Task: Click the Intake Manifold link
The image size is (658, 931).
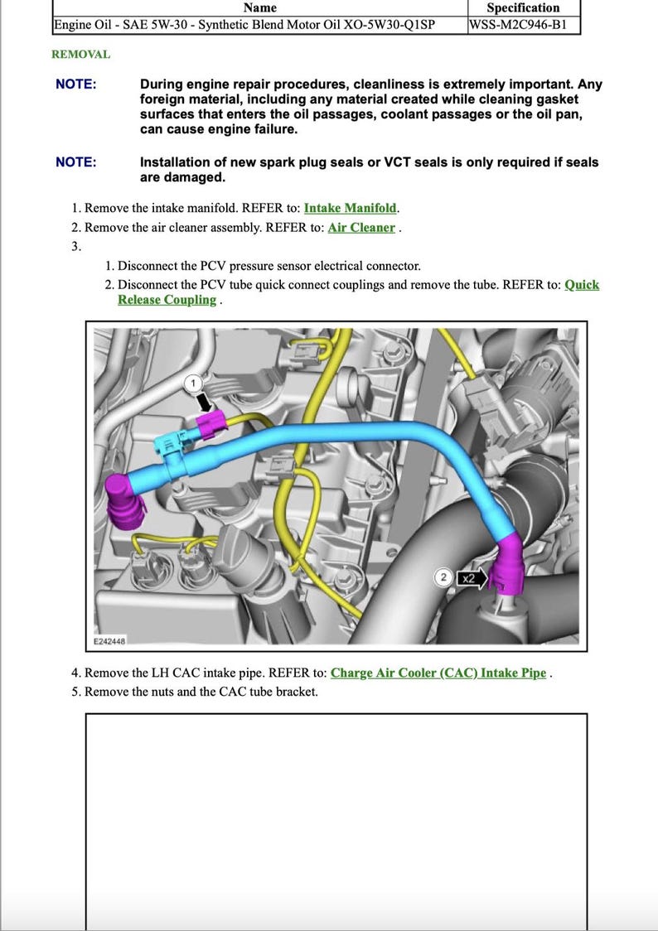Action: pyautogui.click(x=351, y=208)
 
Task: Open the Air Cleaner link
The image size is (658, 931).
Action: pyautogui.click(x=361, y=227)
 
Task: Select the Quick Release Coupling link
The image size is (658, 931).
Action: pyautogui.click(x=167, y=300)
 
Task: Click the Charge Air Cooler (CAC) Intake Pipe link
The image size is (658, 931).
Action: pyautogui.click(x=438, y=673)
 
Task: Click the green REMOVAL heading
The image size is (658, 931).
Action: pyautogui.click(x=80, y=55)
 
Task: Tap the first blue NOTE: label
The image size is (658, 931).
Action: pyautogui.click(x=75, y=84)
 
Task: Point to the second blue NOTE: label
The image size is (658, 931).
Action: pyautogui.click(x=75, y=162)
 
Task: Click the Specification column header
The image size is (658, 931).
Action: pyautogui.click(x=523, y=7)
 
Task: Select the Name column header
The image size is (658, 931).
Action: pyautogui.click(x=260, y=7)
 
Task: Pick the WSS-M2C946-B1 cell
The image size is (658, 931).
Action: pyautogui.click(x=518, y=24)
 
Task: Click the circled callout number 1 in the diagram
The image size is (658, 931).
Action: pyautogui.click(x=192, y=383)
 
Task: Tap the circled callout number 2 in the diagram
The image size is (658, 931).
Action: pyautogui.click(x=443, y=578)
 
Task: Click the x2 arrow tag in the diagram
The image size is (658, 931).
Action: pyautogui.click(x=469, y=578)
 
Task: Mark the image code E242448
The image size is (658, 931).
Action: pyautogui.click(x=108, y=641)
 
